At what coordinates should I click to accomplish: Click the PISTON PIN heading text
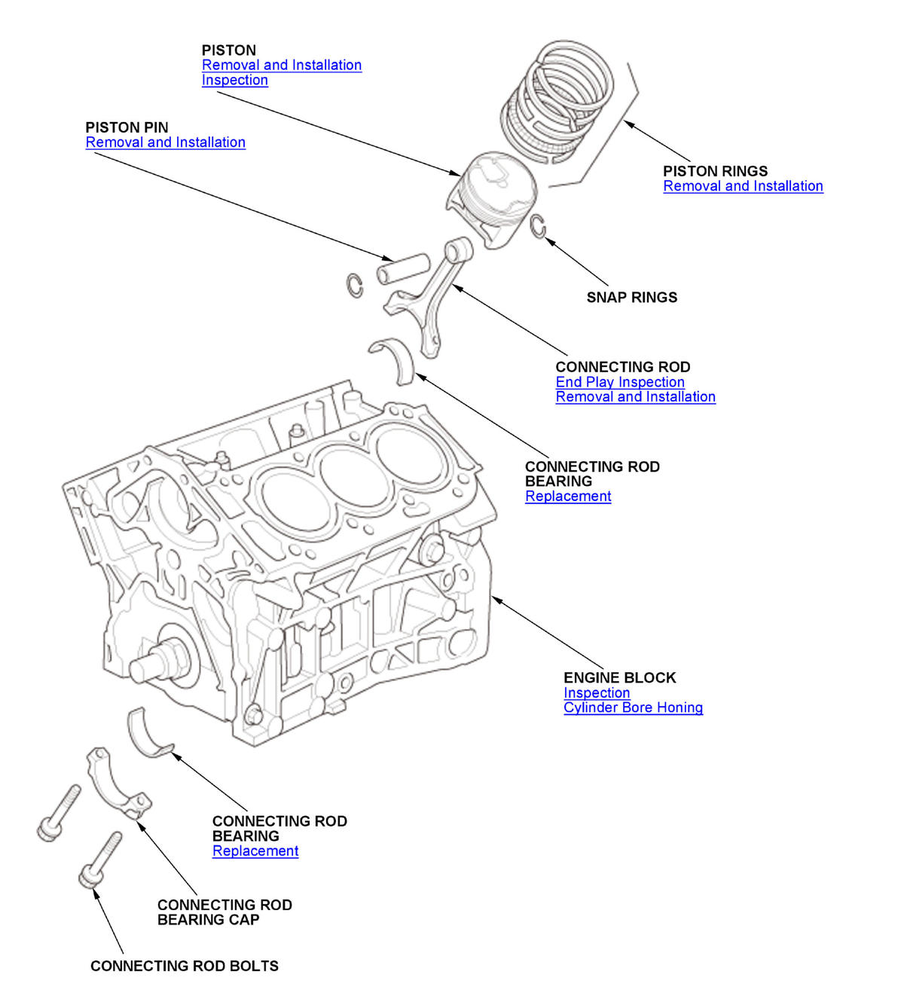pyautogui.click(x=127, y=127)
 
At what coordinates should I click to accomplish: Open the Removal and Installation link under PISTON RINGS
pyautogui.click(x=743, y=186)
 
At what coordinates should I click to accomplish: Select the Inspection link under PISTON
pyautogui.click(x=235, y=80)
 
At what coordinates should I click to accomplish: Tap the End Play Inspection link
pyautogui.click(x=620, y=382)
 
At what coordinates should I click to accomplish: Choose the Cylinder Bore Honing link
pyautogui.click(x=633, y=707)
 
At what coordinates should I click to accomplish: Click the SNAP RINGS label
pyautogui.click(x=631, y=297)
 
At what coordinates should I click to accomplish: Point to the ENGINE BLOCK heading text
pyautogui.click(x=619, y=677)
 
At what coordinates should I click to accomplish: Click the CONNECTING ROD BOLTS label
pyautogui.click(x=185, y=966)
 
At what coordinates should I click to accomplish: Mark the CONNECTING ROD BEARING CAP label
pyautogui.click(x=224, y=912)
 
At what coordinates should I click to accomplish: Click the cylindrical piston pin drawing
pyautogui.click(x=403, y=269)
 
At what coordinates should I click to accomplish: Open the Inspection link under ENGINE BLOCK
pyautogui.click(x=597, y=693)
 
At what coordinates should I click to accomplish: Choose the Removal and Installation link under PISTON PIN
pyautogui.click(x=165, y=142)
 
